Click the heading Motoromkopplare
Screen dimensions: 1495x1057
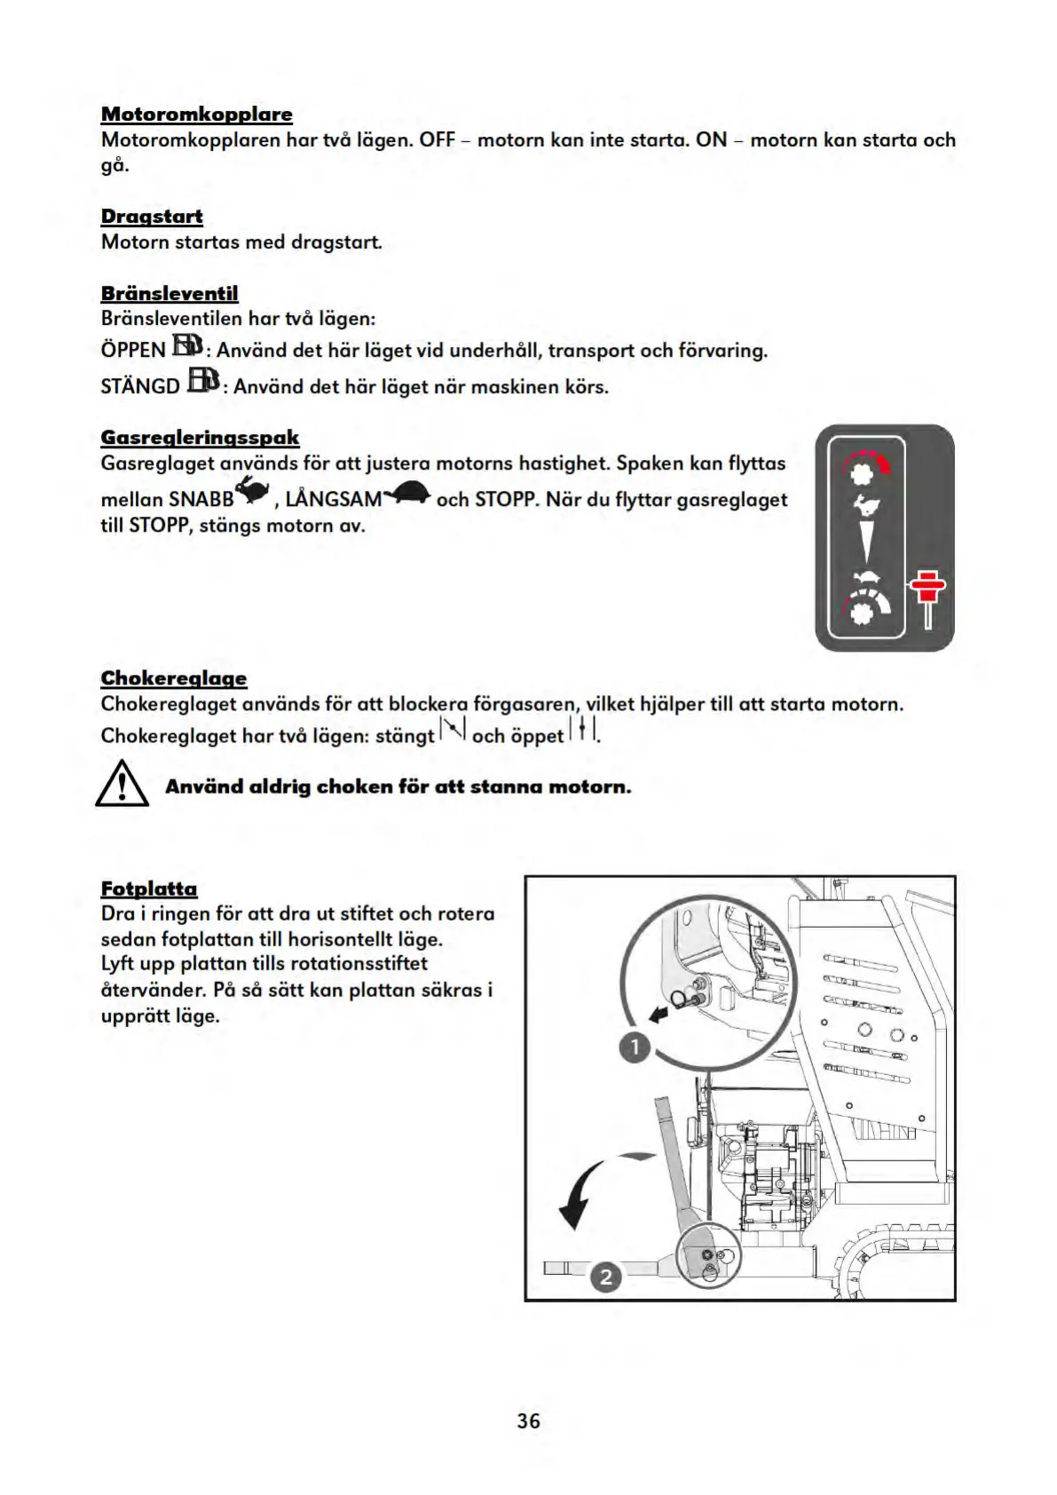[196, 115]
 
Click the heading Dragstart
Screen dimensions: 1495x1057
[152, 217]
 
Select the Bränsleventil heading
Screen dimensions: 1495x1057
[170, 294]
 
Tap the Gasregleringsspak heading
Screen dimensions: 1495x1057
[200, 438]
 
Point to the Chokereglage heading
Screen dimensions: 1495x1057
[174, 679]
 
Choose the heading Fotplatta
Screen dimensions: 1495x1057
[149, 889]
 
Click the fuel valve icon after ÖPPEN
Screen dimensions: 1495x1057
[187, 345]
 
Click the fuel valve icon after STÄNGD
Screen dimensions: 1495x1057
[203, 382]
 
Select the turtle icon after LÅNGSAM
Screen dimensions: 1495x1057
[407, 493]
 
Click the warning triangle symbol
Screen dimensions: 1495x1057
[122, 784]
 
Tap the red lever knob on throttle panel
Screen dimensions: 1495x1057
[927, 585]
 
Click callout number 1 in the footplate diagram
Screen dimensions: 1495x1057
[635, 1048]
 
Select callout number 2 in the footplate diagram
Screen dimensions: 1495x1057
[606, 1277]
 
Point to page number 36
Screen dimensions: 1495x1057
[528, 1421]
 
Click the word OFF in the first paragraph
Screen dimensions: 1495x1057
[437, 140]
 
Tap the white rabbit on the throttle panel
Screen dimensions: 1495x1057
[864, 506]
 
